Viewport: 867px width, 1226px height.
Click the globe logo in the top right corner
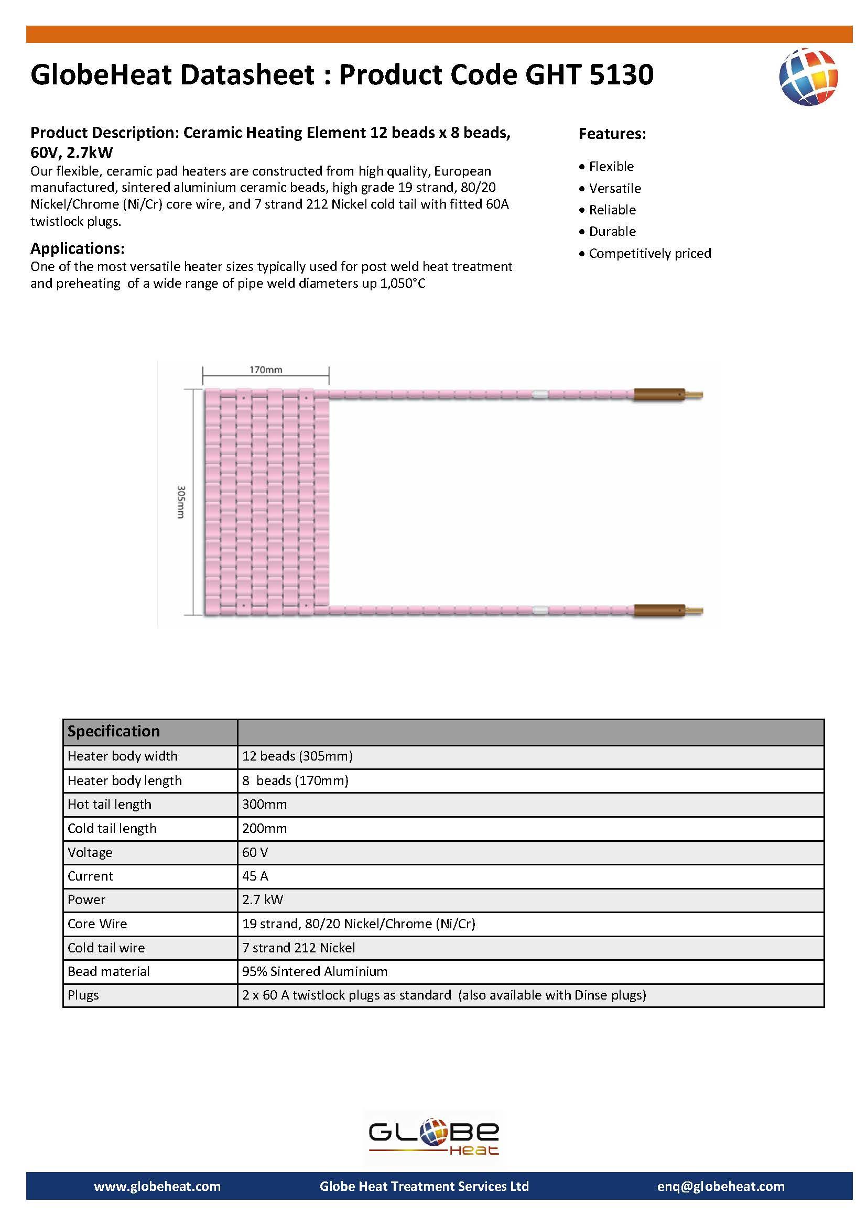(808, 77)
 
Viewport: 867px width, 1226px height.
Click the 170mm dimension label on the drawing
(266, 370)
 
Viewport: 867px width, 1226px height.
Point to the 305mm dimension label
(181, 502)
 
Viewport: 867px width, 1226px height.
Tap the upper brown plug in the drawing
(659, 395)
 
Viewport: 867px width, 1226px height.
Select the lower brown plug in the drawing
(659, 610)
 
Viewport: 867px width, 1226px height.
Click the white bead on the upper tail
(540, 395)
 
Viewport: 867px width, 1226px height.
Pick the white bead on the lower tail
(540, 610)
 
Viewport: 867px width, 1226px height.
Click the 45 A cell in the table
(255, 876)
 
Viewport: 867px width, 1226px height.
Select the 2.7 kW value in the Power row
(262, 899)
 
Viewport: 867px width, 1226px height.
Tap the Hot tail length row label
(110, 804)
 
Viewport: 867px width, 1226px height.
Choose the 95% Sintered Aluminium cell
(315, 971)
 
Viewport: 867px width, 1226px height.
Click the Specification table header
(114, 731)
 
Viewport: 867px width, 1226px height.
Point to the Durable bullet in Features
(612, 231)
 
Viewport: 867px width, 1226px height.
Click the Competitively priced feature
(649, 253)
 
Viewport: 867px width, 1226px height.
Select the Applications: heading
(78, 248)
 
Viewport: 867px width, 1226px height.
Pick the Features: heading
(612, 134)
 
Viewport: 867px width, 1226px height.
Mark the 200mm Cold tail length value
(264, 828)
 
